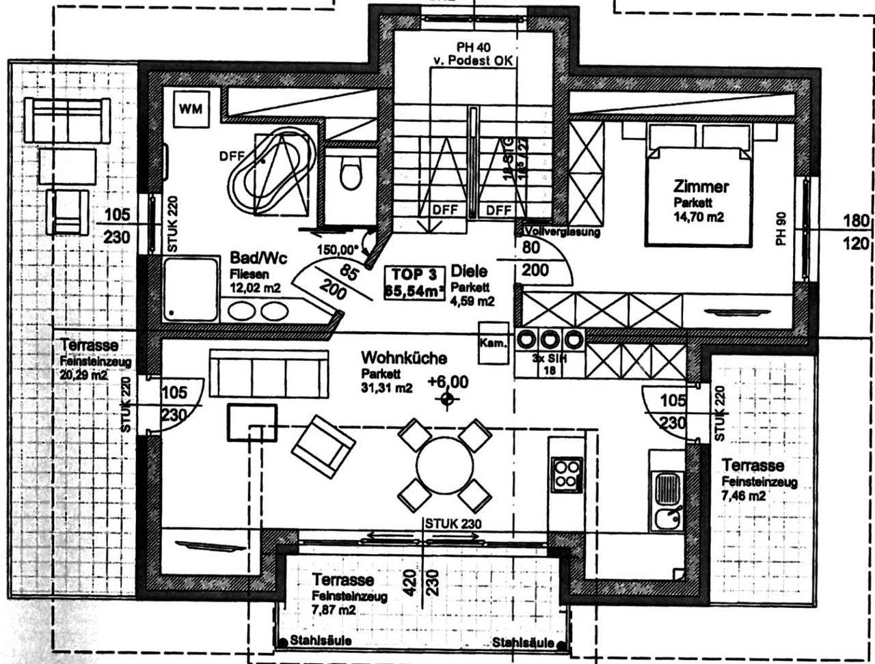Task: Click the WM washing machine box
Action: (191, 108)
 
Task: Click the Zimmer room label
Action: (701, 186)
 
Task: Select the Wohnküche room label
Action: (404, 358)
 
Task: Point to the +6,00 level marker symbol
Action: (447, 399)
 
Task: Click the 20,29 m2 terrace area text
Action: (83, 374)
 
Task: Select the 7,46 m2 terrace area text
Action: (744, 496)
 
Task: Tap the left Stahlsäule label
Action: (320, 641)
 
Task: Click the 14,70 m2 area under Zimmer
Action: (698, 217)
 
